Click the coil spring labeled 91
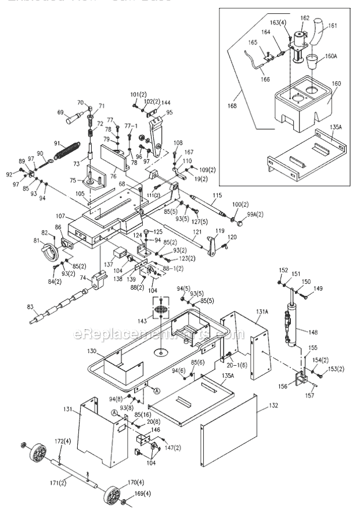66,152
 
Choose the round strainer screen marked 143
159,309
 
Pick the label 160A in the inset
331,56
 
